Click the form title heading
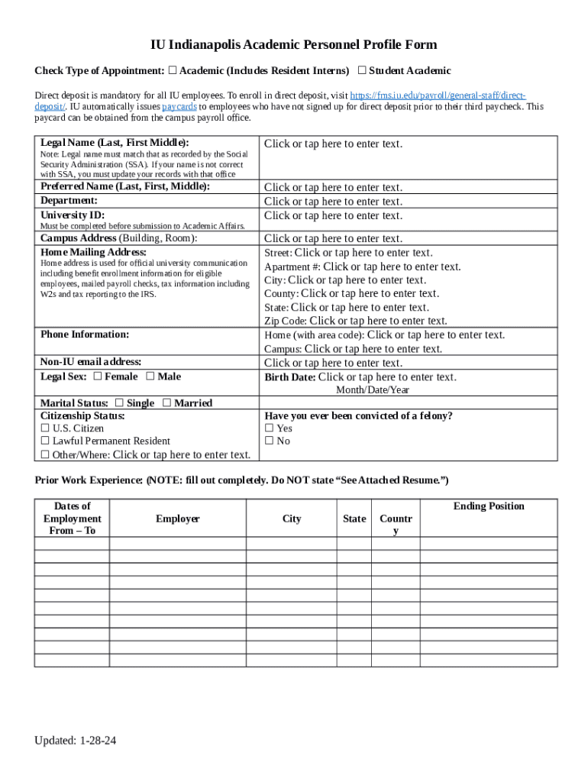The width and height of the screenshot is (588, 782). point(293,45)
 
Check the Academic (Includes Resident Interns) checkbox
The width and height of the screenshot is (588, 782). point(173,71)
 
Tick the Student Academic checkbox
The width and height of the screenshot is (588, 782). point(362,71)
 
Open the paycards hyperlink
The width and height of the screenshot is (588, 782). point(179,107)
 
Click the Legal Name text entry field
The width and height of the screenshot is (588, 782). point(333,144)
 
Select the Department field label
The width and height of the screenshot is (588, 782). point(69,201)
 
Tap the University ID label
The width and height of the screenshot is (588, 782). point(73,215)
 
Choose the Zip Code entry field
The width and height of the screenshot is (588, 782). point(379,321)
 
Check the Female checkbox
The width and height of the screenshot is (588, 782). point(98,376)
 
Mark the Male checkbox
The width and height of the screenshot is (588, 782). point(150,376)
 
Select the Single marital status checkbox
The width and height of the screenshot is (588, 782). point(119,403)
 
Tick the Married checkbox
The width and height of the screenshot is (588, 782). point(167,403)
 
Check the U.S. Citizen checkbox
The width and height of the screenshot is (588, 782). point(45,429)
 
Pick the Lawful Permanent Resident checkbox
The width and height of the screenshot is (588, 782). point(45,441)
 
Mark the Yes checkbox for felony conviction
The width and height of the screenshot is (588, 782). point(269,429)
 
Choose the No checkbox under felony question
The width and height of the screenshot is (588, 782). point(269,441)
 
